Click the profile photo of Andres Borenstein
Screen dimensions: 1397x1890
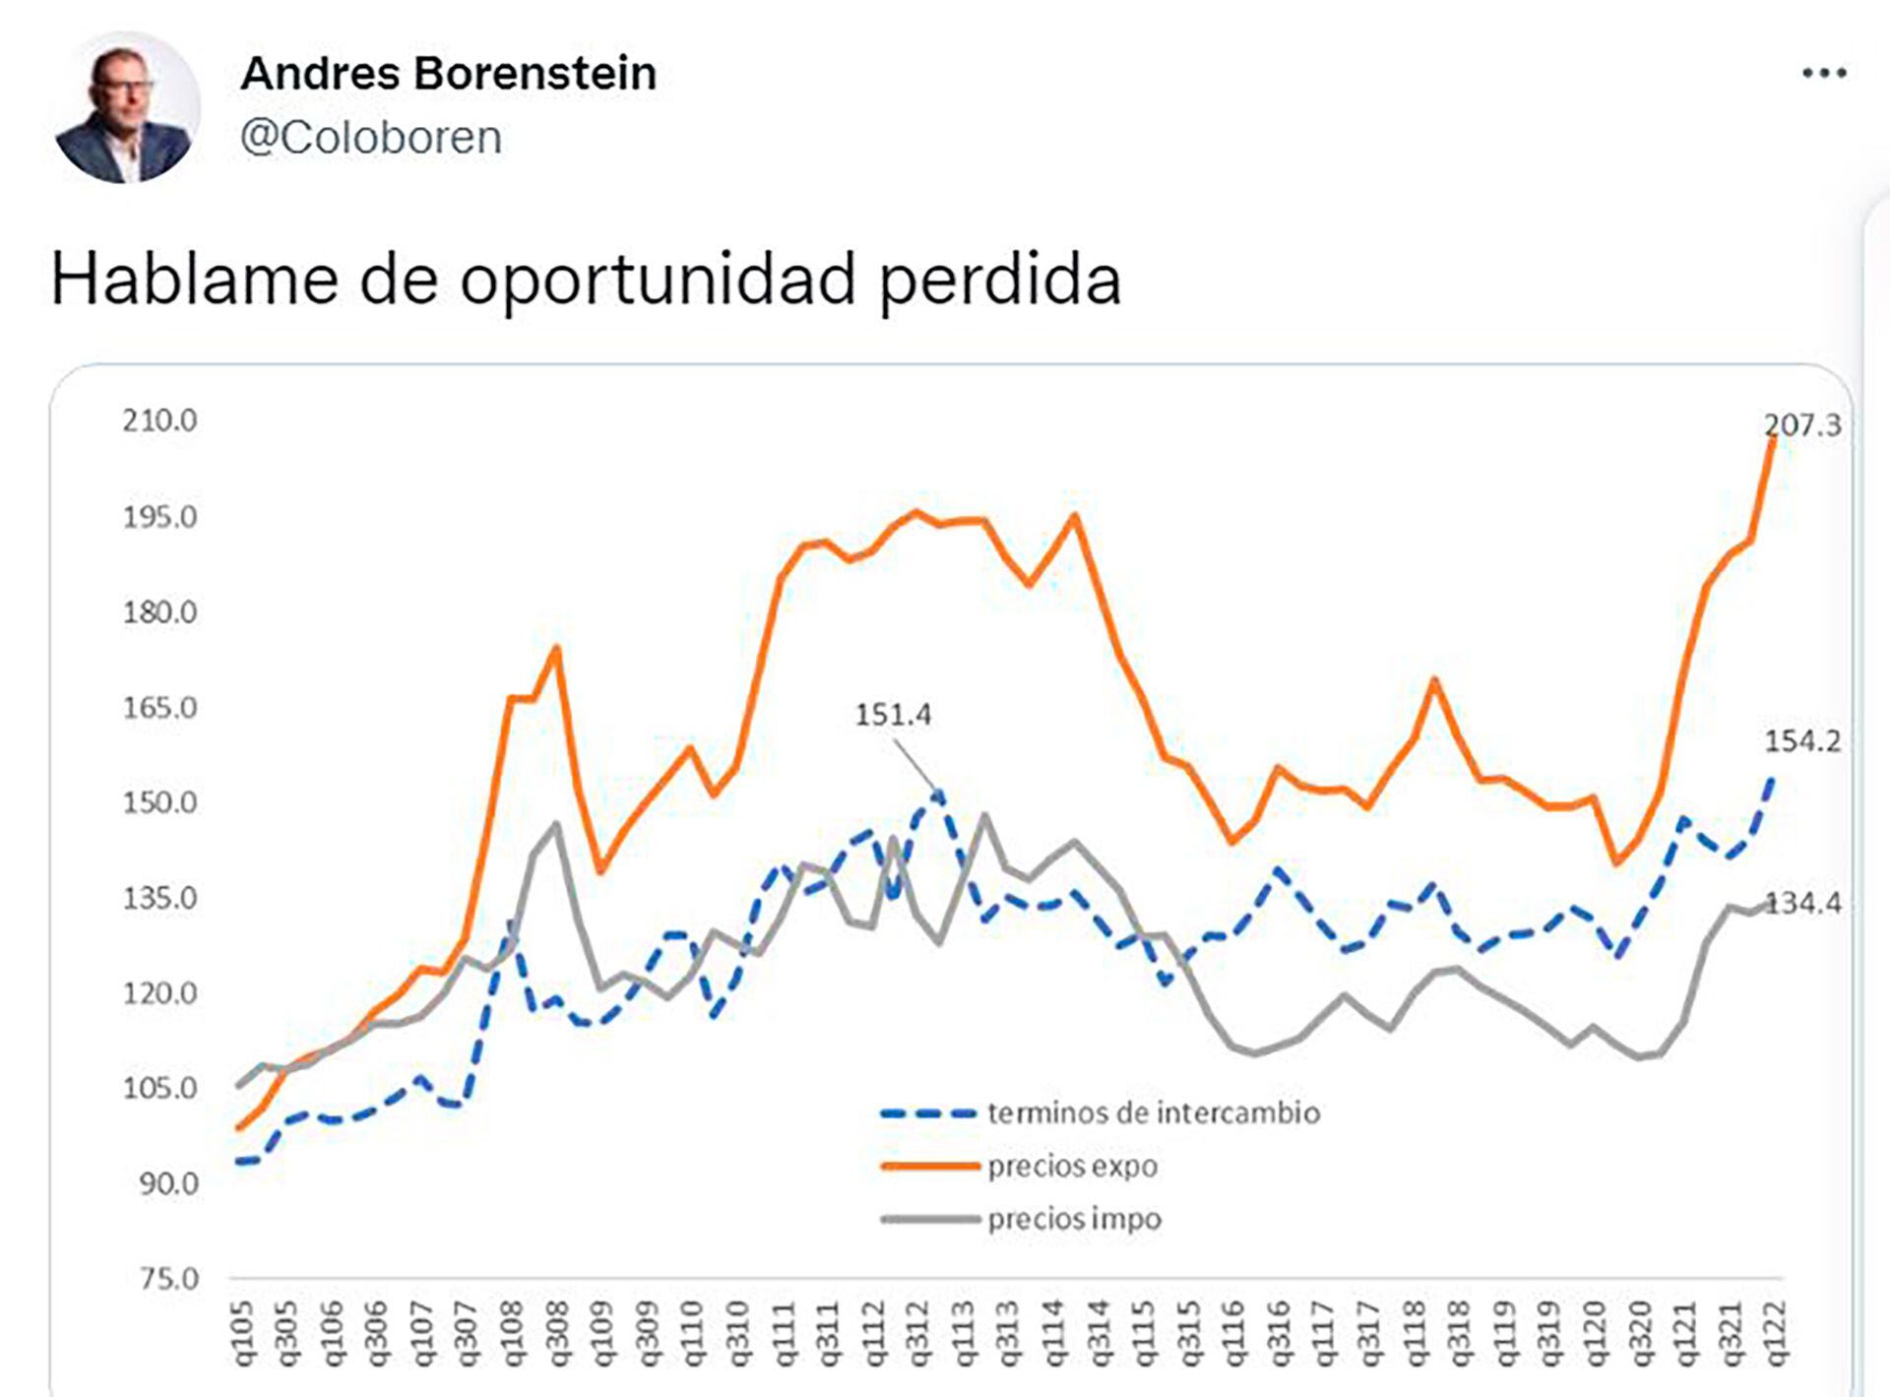pos(126,108)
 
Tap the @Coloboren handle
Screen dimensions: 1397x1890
pos(371,138)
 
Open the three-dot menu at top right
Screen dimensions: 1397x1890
pos(1823,73)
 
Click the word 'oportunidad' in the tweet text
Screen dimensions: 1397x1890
pos(659,281)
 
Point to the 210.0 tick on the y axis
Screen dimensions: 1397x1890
pos(159,421)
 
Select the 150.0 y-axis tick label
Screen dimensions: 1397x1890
pos(159,802)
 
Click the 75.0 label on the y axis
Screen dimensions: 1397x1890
pos(166,1279)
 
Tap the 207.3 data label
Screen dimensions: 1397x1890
pos(1801,425)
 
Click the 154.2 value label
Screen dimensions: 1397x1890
pos(1801,741)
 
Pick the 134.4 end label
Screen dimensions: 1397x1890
pos(1803,903)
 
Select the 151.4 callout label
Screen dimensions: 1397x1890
pos(892,715)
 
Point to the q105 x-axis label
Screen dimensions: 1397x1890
pos(242,1334)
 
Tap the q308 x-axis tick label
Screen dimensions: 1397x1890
pos(557,1334)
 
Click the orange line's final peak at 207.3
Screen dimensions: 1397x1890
pos(1772,441)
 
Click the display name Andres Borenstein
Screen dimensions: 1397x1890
pos(449,74)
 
